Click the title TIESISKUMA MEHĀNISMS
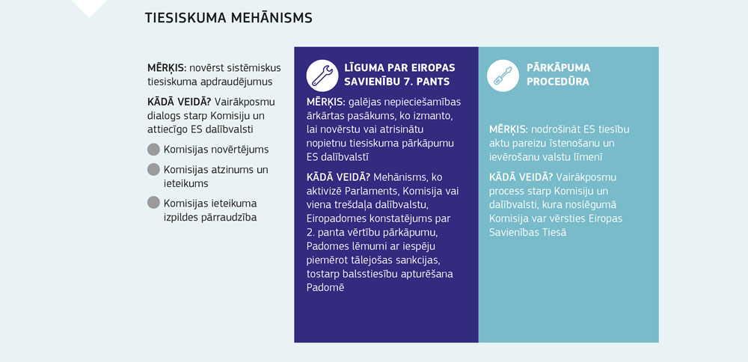click(228, 17)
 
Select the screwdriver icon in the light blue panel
click(503, 75)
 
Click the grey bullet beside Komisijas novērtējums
click(153, 149)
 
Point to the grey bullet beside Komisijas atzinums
click(153, 169)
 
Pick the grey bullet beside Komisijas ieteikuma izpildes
click(153, 202)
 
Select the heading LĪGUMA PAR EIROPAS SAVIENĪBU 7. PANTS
click(399, 74)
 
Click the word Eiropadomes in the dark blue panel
click(337, 218)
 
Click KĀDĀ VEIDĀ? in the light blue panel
click(521, 177)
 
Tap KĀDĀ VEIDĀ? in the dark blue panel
click(339, 177)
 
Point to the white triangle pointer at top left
click(89, 7)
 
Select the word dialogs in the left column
click(165, 114)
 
